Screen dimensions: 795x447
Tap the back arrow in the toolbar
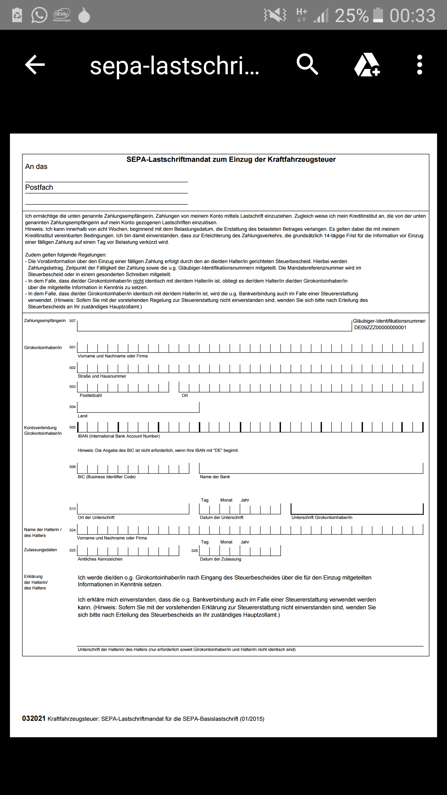35,65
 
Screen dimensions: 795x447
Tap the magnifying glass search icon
307,64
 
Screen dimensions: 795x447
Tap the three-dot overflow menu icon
419,65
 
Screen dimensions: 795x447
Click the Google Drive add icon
367,65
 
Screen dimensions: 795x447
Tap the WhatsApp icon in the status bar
39,15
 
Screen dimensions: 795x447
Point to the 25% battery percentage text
351,16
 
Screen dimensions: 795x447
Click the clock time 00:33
412,16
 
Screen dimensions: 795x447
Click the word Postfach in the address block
39,188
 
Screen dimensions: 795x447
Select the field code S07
72,321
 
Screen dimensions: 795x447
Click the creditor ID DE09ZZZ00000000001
380,328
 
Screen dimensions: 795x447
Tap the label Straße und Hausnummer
102,376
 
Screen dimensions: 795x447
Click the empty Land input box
138,407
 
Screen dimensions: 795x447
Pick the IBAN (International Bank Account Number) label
119,436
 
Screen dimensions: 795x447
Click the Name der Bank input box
311,468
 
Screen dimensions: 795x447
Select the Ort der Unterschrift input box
133,509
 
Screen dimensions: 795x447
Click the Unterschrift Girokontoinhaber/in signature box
357,509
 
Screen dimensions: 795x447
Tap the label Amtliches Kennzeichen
100,559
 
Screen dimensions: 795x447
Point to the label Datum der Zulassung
220,559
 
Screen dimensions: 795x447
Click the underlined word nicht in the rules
138,281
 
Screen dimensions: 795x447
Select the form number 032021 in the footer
34,719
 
